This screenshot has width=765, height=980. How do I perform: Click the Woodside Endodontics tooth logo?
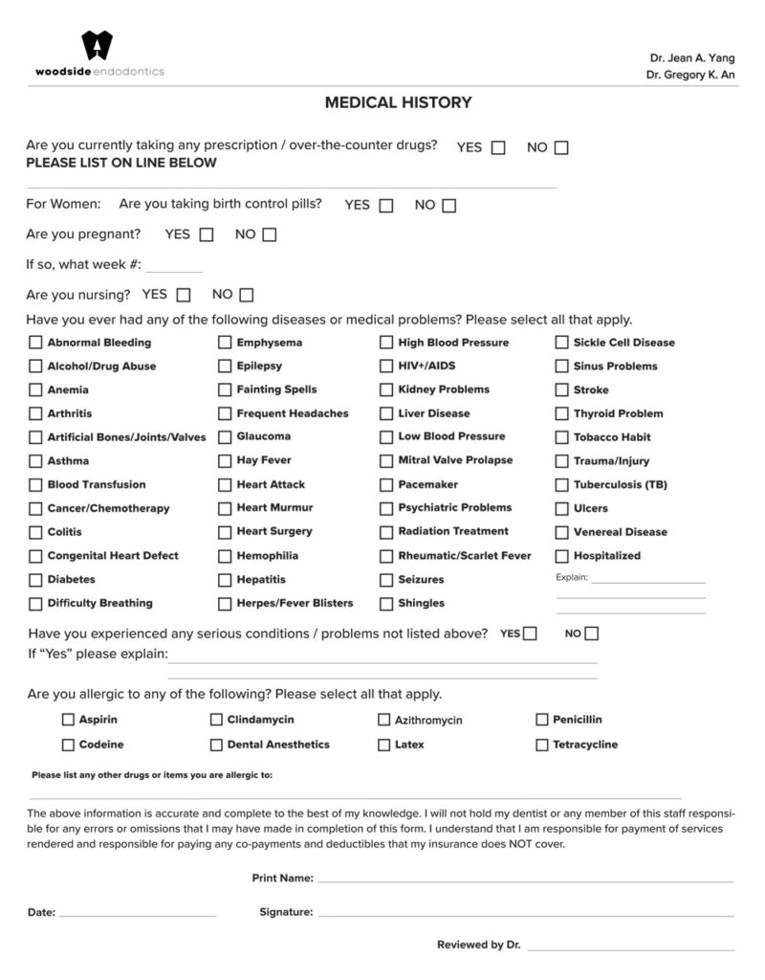click(x=97, y=46)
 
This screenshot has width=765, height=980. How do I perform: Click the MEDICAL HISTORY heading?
click(x=398, y=102)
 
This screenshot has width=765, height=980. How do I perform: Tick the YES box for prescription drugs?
click(x=498, y=148)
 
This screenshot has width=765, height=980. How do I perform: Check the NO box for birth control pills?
click(x=448, y=206)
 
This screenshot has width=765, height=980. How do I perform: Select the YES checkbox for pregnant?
click(x=206, y=234)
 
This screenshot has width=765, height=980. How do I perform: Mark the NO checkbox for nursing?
click(x=247, y=295)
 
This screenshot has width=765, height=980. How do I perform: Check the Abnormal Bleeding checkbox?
click(x=35, y=343)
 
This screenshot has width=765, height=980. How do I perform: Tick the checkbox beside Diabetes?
click(x=35, y=580)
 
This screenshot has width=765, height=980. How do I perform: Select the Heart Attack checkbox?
click(x=225, y=485)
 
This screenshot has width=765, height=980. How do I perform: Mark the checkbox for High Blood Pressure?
click(x=386, y=343)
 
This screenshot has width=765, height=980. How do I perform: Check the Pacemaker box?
click(x=386, y=485)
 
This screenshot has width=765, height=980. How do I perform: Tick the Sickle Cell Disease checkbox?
click(x=561, y=343)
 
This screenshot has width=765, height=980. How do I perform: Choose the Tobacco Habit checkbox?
click(x=561, y=437)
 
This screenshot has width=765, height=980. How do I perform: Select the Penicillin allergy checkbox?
click(x=541, y=720)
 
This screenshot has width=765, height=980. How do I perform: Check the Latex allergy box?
click(x=383, y=745)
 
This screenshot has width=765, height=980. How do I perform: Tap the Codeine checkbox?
click(x=68, y=745)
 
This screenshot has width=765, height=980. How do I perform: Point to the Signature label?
click(x=286, y=913)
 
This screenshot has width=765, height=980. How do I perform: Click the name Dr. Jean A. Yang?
click(x=692, y=58)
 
